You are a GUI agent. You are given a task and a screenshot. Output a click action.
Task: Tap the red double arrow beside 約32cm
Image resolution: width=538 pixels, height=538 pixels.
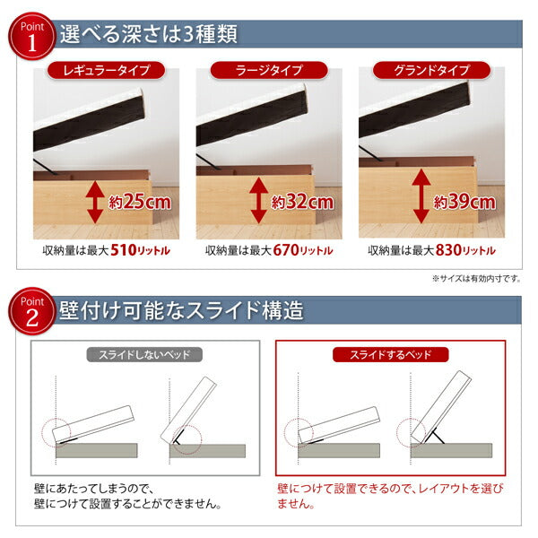257,200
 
